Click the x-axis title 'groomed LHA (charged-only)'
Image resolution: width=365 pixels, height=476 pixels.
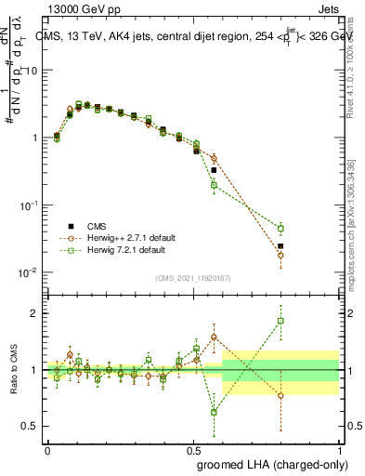tap(281, 464)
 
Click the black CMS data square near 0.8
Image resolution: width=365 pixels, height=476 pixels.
tap(280, 246)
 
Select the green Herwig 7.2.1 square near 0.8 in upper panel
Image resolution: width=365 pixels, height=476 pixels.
tap(280, 229)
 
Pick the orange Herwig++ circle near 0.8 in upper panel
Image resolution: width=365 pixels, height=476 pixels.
tap(280, 255)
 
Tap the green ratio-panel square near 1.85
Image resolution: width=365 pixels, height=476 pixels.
tap(280, 322)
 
